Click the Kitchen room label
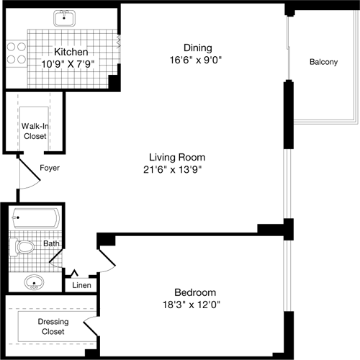[x=71, y=53]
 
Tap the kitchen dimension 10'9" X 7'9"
[x=69, y=63]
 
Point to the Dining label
[x=197, y=48]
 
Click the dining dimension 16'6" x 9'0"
[x=197, y=61]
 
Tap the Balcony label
[x=323, y=62]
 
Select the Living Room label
[x=177, y=157]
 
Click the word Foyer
[x=50, y=168]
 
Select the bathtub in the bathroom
[x=35, y=216]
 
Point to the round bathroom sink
[x=32, y=281]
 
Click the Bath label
[x=51, y=243]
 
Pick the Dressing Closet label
[x=52, y=327]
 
